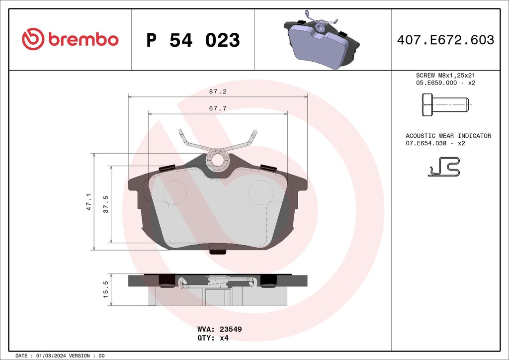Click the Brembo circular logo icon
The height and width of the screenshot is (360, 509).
(x=33, y=39)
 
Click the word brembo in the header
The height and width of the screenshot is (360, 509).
(x=83, y=40)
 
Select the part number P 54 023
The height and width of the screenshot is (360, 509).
(x=193, y=40)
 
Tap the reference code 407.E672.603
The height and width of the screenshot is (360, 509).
(x=445, y=40)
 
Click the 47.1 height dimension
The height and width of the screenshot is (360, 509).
(x=89, y=201)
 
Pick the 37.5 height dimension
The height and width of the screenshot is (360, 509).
(x=105, y=204)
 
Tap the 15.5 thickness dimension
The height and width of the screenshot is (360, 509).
(x=105, y=289)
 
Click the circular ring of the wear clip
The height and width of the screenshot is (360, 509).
(x=217, y=159)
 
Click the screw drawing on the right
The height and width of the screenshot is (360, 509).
(x=445, y=105)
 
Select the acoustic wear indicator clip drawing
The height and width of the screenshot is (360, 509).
(x=444, y=167)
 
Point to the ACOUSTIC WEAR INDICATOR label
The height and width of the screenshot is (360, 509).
(x=448, y=136)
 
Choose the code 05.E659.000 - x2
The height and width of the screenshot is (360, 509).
(x=445, y=83)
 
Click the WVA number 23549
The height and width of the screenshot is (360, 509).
(x=231, y=329)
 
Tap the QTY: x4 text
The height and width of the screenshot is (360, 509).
(x=213, y=338)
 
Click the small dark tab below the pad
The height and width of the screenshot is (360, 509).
(x=217, y=251)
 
